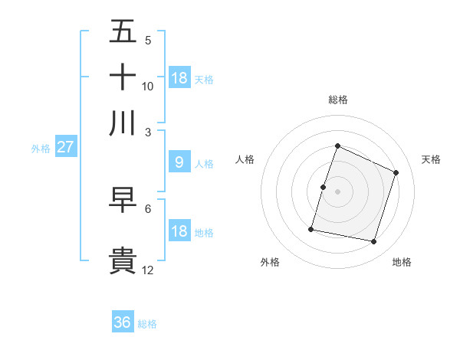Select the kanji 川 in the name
click(x=123, y=123)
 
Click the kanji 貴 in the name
click(x=123, y=260)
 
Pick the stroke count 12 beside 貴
click(x=148, y=270)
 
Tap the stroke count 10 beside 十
click(x=148, y=87)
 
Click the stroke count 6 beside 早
click(x=148, y=208)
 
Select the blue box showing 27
click(x=65, y=148)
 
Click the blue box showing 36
click(x=123, y=322)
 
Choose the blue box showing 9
click(x=179, y=162)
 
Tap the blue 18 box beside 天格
click(x=179, y=77)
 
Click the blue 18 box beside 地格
click(x=179, y=231)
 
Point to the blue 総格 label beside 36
click(x=147, y=324)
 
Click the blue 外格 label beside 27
click(x=41, y=149)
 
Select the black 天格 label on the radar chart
click(x=432, y=159)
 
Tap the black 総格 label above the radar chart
click(x=338, y=100)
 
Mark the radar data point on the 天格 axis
click(x=396, y=172)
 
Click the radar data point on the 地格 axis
click(x=373, y=242)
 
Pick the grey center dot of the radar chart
click(x=338, y=191)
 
